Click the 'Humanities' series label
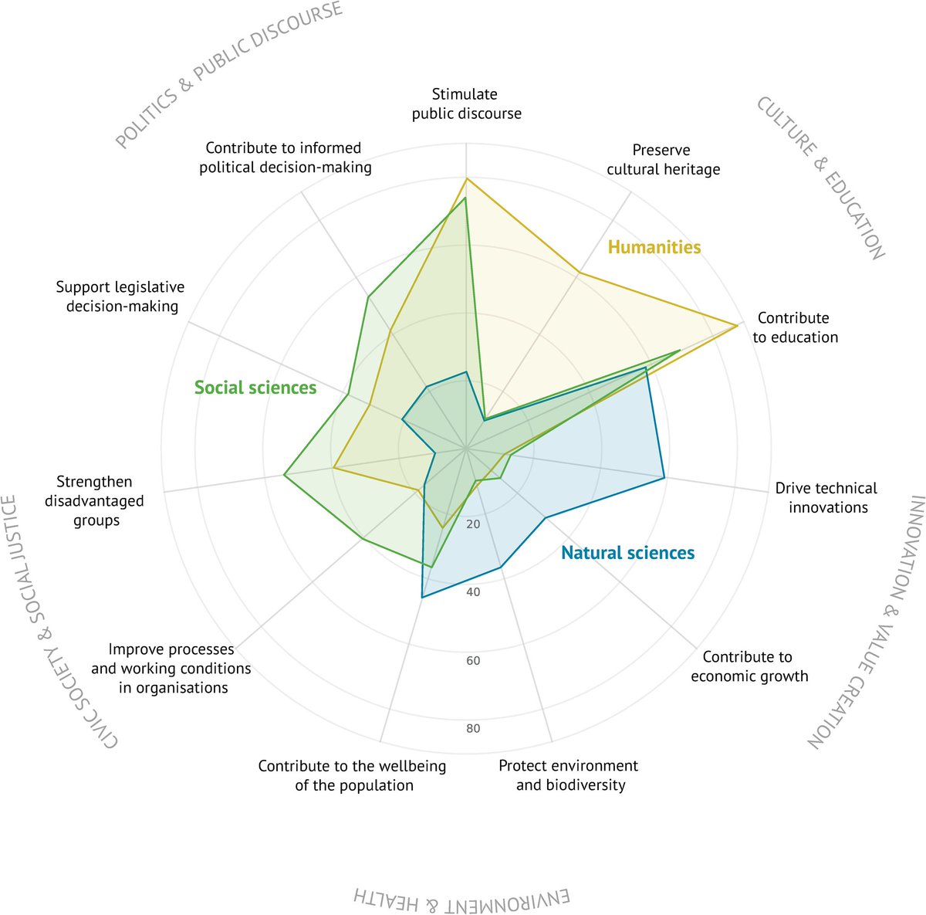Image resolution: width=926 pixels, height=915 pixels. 654,247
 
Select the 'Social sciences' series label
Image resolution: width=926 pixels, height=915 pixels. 255,388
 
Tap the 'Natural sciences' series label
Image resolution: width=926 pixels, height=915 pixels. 627,553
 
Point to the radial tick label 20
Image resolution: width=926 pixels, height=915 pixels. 473,525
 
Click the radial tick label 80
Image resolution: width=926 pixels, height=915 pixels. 473,729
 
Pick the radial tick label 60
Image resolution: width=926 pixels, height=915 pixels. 473,661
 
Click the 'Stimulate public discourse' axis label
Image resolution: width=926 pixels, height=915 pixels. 466,104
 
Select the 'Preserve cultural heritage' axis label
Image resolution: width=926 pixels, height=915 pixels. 663,160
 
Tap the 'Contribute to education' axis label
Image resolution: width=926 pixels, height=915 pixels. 795,327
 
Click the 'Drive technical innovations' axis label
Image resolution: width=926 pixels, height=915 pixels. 826,498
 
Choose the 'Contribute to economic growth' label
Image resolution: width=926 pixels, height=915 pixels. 749,666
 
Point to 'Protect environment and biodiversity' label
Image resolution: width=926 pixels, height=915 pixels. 569,775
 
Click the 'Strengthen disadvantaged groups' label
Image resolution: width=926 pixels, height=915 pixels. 95,501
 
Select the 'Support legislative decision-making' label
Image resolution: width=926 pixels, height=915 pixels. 121,297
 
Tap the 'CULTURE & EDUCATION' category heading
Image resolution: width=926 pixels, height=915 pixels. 820,178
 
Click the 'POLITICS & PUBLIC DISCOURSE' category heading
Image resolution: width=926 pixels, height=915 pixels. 228,75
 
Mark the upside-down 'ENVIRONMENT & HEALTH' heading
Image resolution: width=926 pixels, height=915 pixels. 461,898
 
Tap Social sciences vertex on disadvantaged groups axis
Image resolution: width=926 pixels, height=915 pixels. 284,476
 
